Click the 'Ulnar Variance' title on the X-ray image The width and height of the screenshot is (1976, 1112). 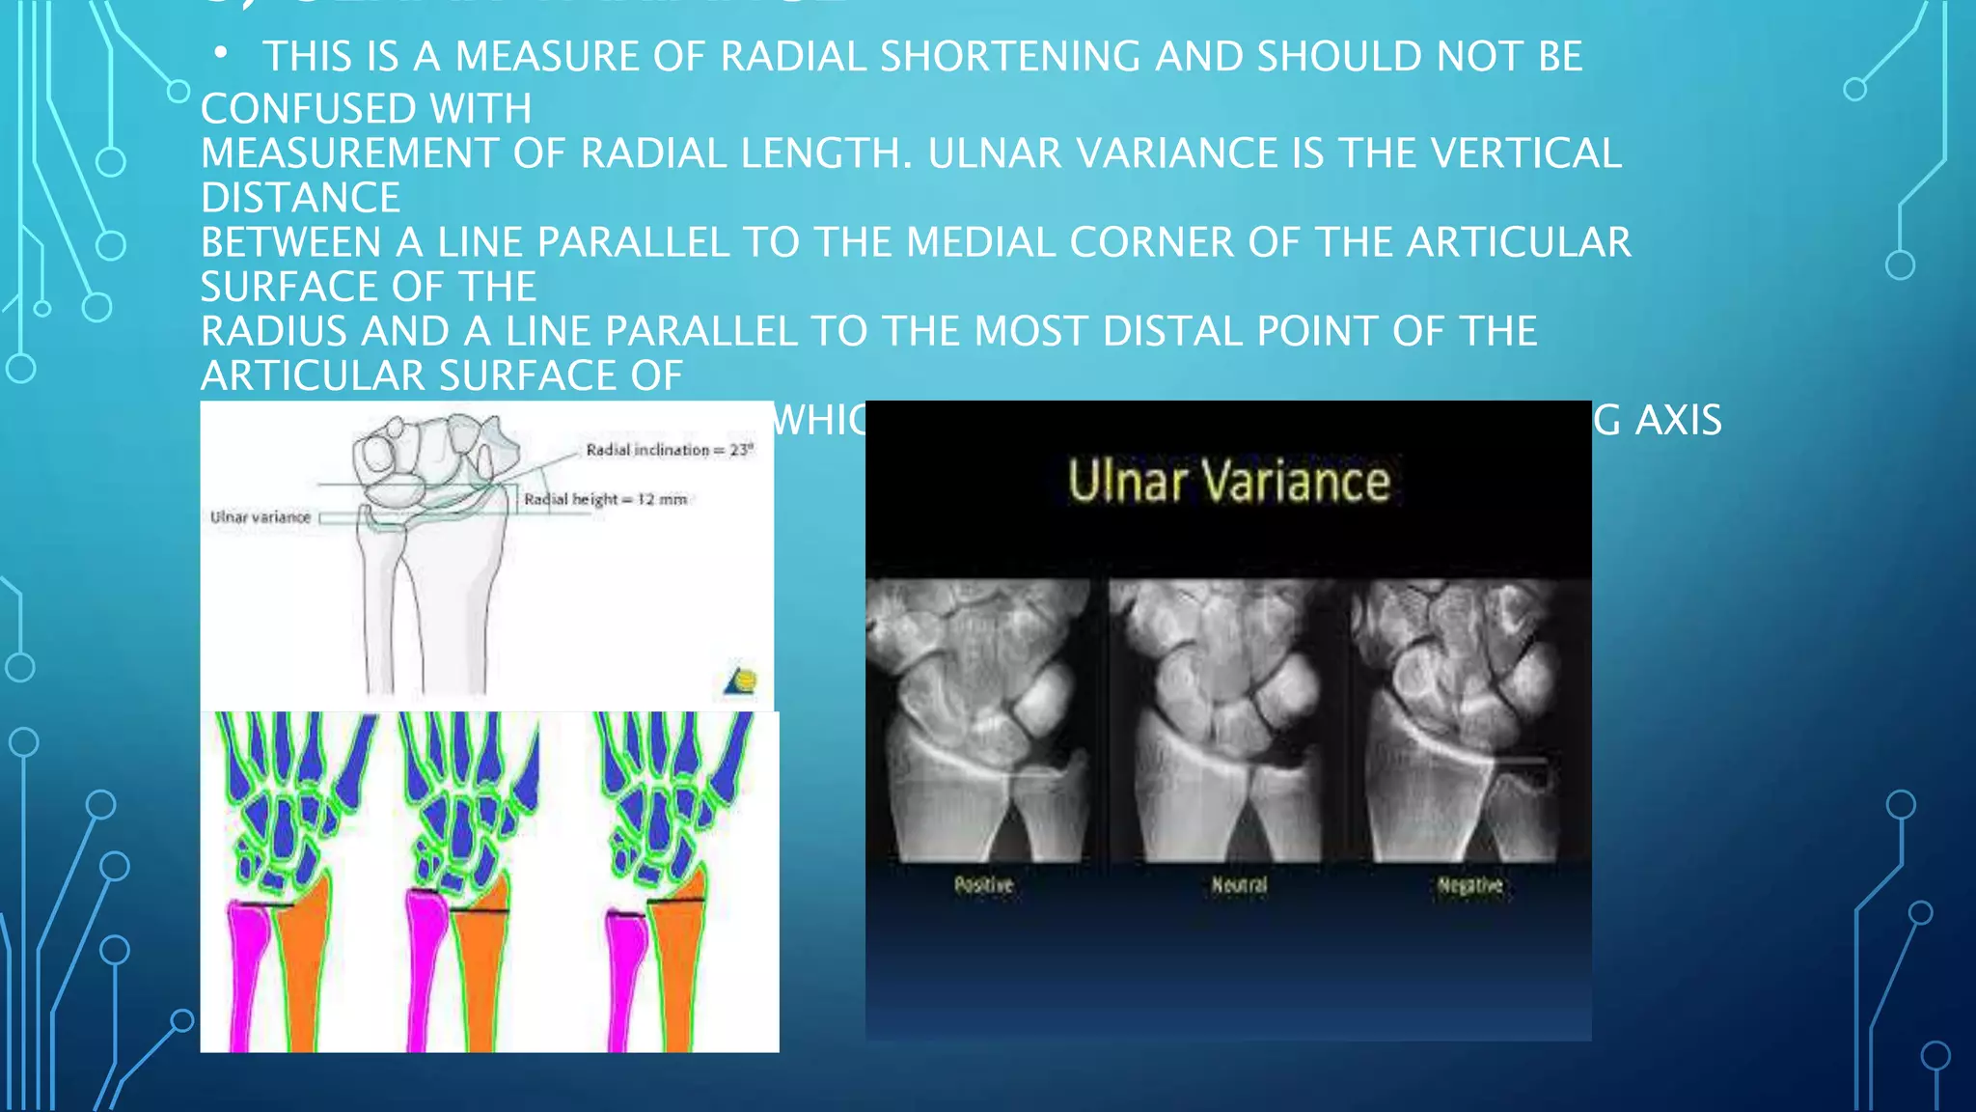coord(1228,481)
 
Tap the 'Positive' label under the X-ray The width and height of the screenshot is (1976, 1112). coord(983,885)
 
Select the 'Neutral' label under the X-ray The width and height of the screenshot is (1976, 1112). coord(1239,885)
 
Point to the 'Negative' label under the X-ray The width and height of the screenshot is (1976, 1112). coord(1469,885)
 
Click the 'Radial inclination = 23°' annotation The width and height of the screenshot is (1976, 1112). coord(670,450)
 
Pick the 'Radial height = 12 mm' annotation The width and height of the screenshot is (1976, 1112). coord(606,499)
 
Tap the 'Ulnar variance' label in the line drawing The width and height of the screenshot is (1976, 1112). coord(261,517)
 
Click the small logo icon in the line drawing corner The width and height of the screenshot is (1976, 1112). coord(741,680)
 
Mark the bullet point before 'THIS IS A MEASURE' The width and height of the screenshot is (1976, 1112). coord(221,54)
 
